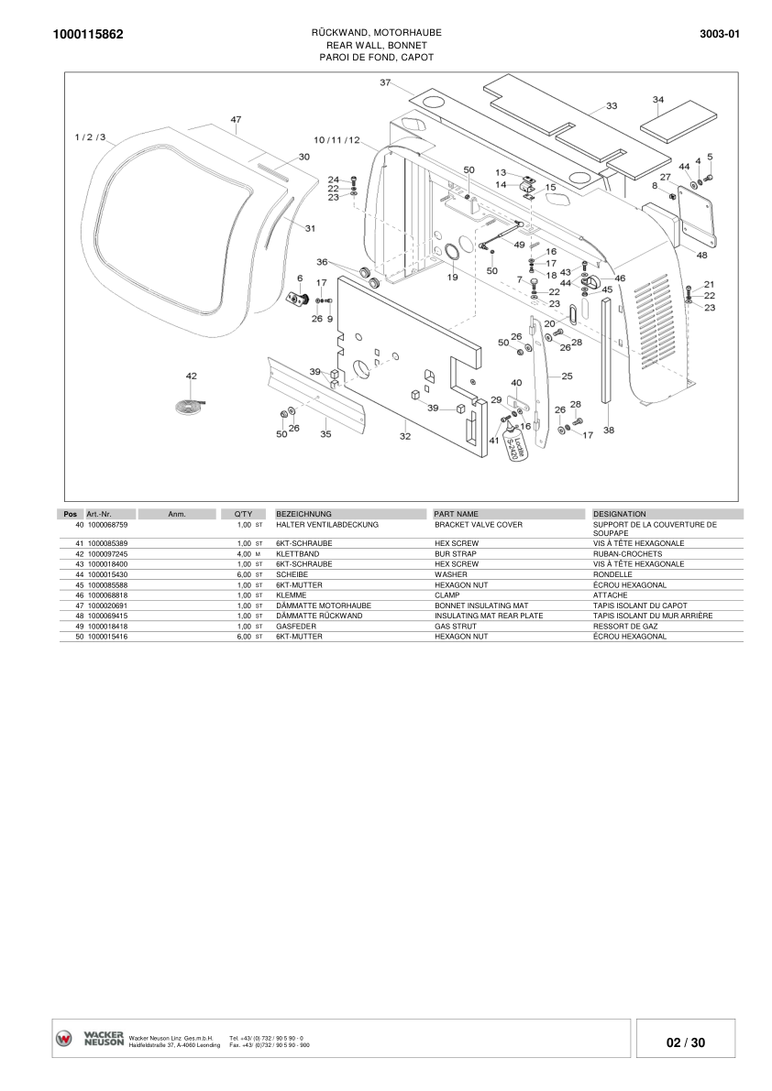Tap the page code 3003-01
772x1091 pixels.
click(719, 34)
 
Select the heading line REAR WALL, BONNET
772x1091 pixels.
click(376, 45)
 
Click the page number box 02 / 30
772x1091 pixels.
click(686, 1042)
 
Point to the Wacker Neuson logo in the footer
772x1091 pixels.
click(90, 1038)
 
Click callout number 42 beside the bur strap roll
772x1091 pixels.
click(191, 376)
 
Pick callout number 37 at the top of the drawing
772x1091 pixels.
click(385, 82)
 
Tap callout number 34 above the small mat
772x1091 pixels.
click(657, 99)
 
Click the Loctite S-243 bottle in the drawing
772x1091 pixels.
click(519, 449)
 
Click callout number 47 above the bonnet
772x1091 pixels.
click(236, 120)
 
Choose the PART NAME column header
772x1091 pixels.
click(457, 514)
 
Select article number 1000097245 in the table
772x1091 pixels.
click(107, 554)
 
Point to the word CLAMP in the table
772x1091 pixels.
click(448, 595)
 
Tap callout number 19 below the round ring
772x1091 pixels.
click(452, 278)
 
